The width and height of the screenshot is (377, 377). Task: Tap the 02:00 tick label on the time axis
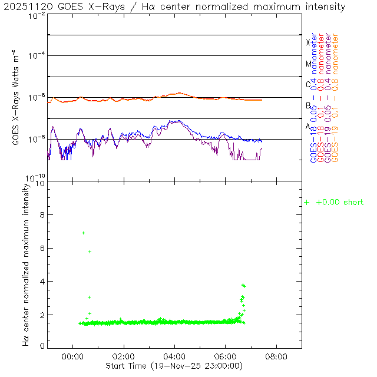pos(124,356)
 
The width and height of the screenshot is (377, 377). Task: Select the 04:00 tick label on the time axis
pos(175,356)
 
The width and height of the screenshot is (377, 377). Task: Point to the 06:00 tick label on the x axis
pos(226,356)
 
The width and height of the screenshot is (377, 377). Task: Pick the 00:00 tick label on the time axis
pos(72,356)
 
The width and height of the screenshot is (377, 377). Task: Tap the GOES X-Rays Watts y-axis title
pos(16,98)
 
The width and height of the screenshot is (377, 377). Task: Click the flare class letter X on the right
pos(307,43)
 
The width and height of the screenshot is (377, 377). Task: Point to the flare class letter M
pos(308,64)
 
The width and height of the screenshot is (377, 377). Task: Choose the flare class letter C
pos(308,85)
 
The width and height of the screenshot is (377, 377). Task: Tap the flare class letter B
pos(308,106)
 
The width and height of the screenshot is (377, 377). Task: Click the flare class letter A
pos(308,127)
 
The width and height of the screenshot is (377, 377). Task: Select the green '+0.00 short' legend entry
pos(334,203)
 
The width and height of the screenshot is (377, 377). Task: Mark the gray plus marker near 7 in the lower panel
pos(83,233)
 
